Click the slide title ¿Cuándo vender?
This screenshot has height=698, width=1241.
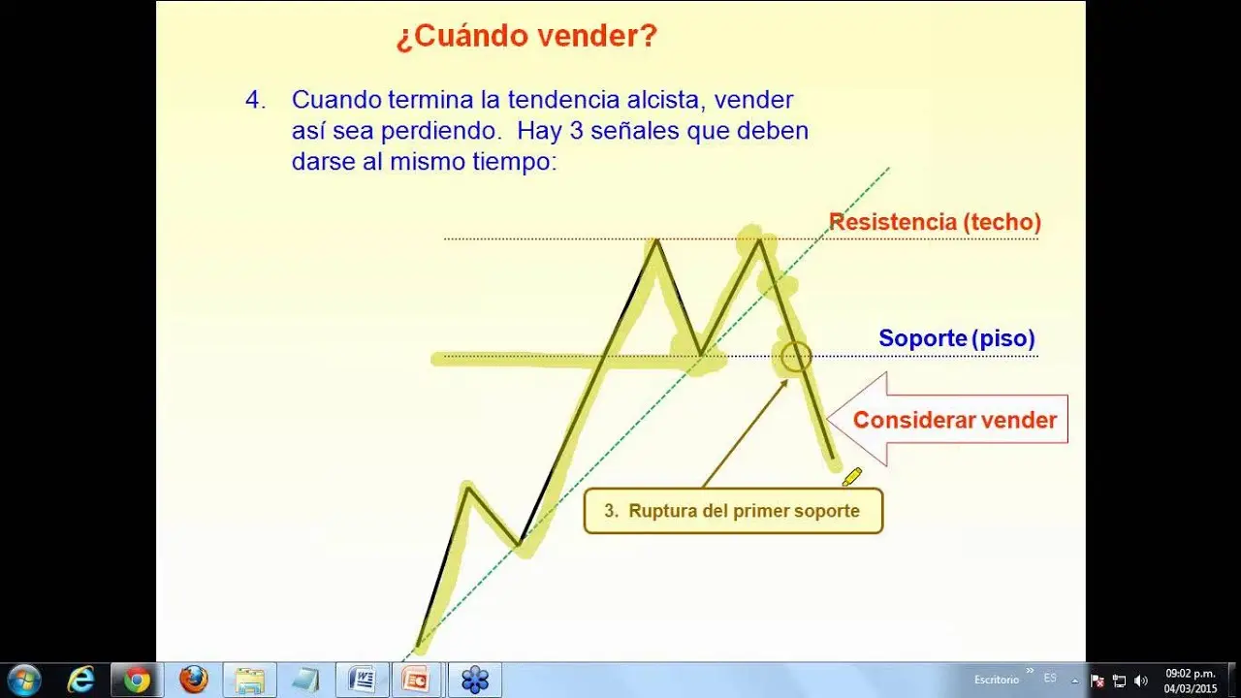coord(526,37)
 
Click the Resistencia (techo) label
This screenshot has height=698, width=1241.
coord(935,222)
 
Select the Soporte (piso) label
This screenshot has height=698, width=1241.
coord(956,338)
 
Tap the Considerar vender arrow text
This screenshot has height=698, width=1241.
coord(954,420)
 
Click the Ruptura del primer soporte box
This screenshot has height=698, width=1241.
coord(733,511)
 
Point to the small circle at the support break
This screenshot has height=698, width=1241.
coord(795,356)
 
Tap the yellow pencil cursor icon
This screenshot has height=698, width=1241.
coord(852,476)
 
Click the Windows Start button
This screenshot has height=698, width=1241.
coord(23,680)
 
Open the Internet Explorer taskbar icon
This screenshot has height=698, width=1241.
coord(80,680)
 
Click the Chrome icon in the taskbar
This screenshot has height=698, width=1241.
coord(137,680)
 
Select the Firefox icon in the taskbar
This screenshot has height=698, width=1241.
coord(194,680)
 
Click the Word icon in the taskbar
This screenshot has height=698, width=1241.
coord(362,680)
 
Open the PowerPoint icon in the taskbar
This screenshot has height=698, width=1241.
coord(418,680)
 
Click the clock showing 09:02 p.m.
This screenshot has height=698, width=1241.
coord(1190,680)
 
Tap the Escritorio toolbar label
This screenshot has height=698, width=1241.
coord(998,680)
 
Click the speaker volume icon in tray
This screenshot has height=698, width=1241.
coord(1140,681)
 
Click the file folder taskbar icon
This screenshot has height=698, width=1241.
coord(249,680)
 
